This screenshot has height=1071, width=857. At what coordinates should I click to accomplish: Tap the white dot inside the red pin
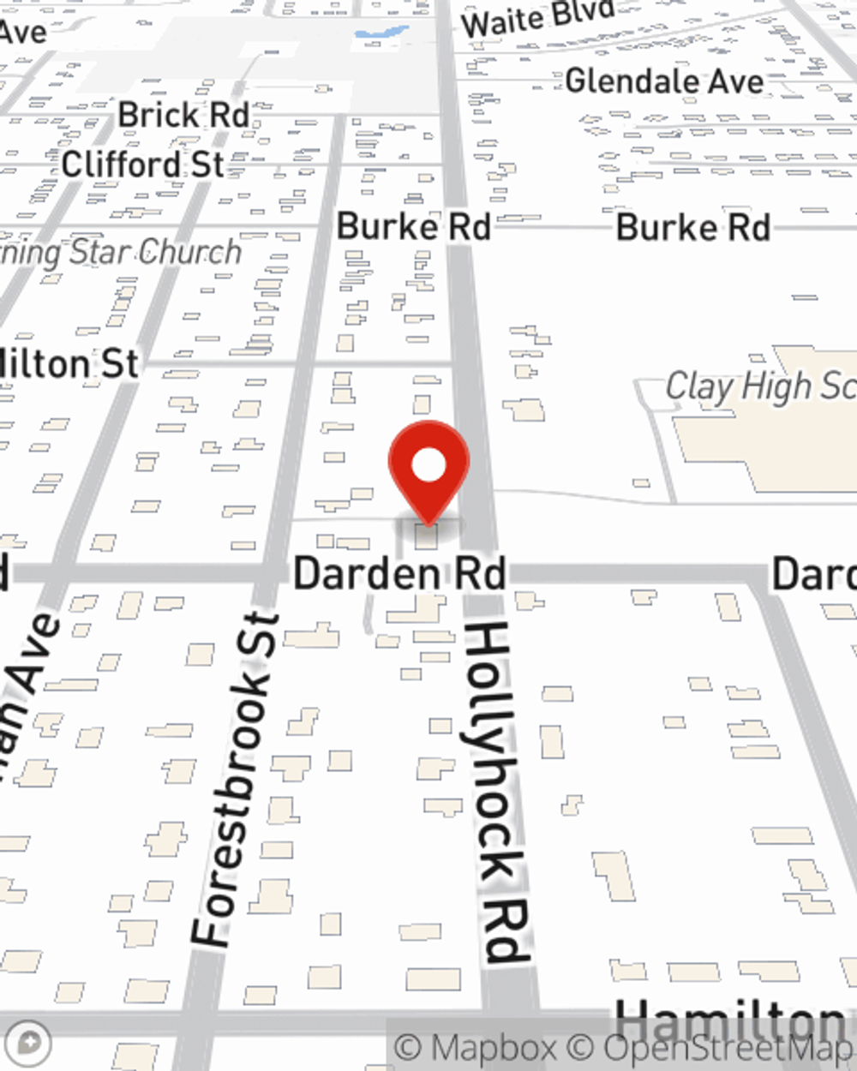(428, 466)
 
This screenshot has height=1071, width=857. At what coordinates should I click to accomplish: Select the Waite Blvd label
(538, 19)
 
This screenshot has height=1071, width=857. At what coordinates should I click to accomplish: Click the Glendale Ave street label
(664, 81)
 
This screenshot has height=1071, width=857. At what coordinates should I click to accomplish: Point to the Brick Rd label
(183, 115)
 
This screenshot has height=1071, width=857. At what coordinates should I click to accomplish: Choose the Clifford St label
(143, 164)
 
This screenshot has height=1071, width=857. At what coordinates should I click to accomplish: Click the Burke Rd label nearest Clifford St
(413, 227)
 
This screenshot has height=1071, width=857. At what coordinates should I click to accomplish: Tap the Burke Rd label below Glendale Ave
(692, 228)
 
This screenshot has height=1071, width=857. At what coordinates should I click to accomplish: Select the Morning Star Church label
(120, 253)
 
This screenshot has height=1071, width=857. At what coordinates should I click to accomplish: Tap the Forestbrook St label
(235, 780)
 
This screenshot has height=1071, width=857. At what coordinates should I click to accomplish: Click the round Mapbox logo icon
(31, 1044)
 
